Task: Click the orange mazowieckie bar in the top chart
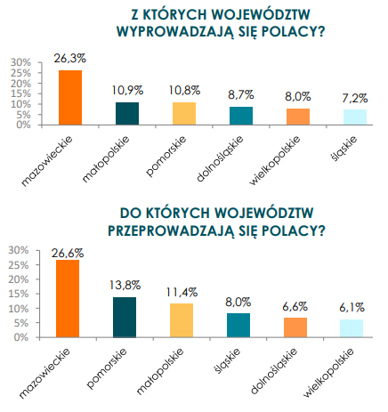click(70, 98)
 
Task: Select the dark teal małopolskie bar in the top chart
click(127, 114)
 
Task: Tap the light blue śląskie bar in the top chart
click(355, 117)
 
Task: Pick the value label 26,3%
click(70, 59)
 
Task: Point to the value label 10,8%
click(184, 90)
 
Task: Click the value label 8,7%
click(241, 95)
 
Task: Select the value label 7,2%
click(355, 98)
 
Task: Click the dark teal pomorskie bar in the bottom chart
click(125, 318)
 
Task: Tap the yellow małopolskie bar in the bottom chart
click(182, 320)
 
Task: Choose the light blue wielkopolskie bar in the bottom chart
click(352, 328)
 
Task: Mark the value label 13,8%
click(125, 285)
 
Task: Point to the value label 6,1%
click(352, 308)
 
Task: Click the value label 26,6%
click(68, 253)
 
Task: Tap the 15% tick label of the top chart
click(20, 93)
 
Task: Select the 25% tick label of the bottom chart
click(19, 265)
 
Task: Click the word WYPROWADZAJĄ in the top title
click(175, 31)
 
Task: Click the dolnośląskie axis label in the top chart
click(220, 158)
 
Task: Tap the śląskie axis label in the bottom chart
click(227, 360)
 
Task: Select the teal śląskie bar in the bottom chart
click(238, 326)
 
